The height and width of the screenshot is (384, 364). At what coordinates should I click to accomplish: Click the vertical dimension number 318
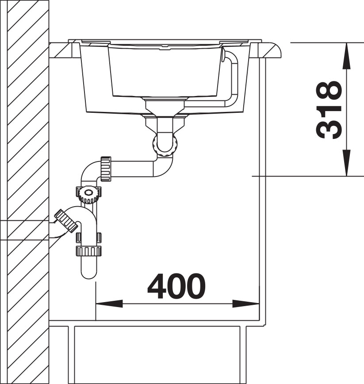330,110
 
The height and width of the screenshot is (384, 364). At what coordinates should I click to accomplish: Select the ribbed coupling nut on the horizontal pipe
105,169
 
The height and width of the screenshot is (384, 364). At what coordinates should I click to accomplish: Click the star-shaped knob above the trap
89,193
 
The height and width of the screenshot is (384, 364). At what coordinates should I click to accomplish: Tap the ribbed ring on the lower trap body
89,251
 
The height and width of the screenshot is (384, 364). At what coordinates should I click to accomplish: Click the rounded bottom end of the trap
89,273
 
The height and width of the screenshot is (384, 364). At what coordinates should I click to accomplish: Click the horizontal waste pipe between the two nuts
133,169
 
